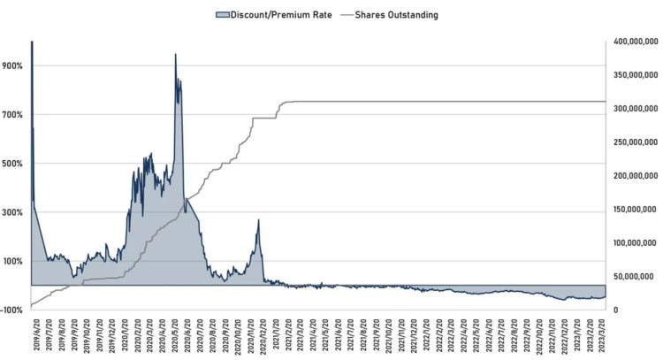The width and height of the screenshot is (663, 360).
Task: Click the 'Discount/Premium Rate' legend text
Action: coord(281,15)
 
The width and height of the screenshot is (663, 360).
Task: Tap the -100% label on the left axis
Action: coord(15,310)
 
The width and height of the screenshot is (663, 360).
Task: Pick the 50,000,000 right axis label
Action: coord(635,276)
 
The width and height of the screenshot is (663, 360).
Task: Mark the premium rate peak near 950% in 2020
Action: coord(175,55)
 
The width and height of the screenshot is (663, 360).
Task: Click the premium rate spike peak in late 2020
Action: coord(258,220)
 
